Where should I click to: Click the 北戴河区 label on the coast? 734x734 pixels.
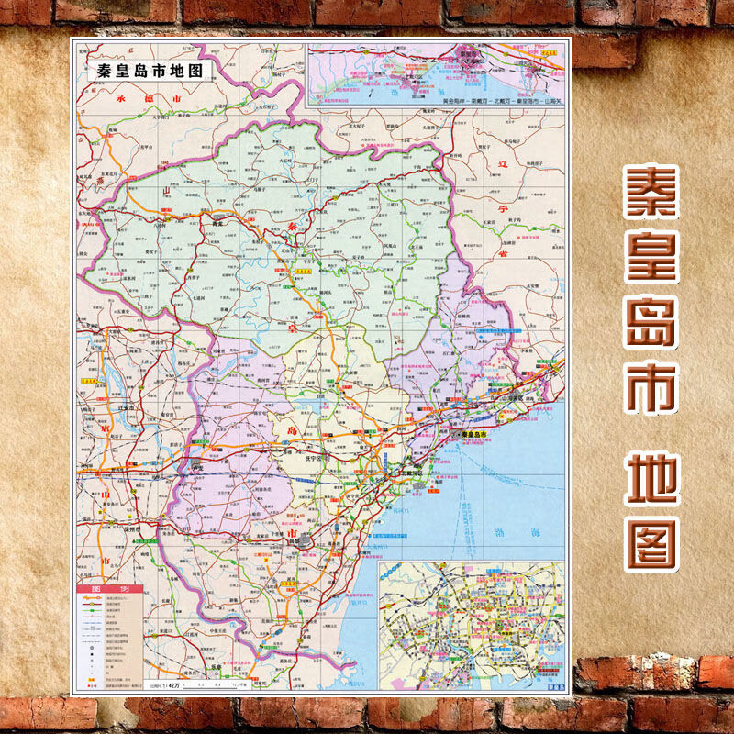coord(414,473)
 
